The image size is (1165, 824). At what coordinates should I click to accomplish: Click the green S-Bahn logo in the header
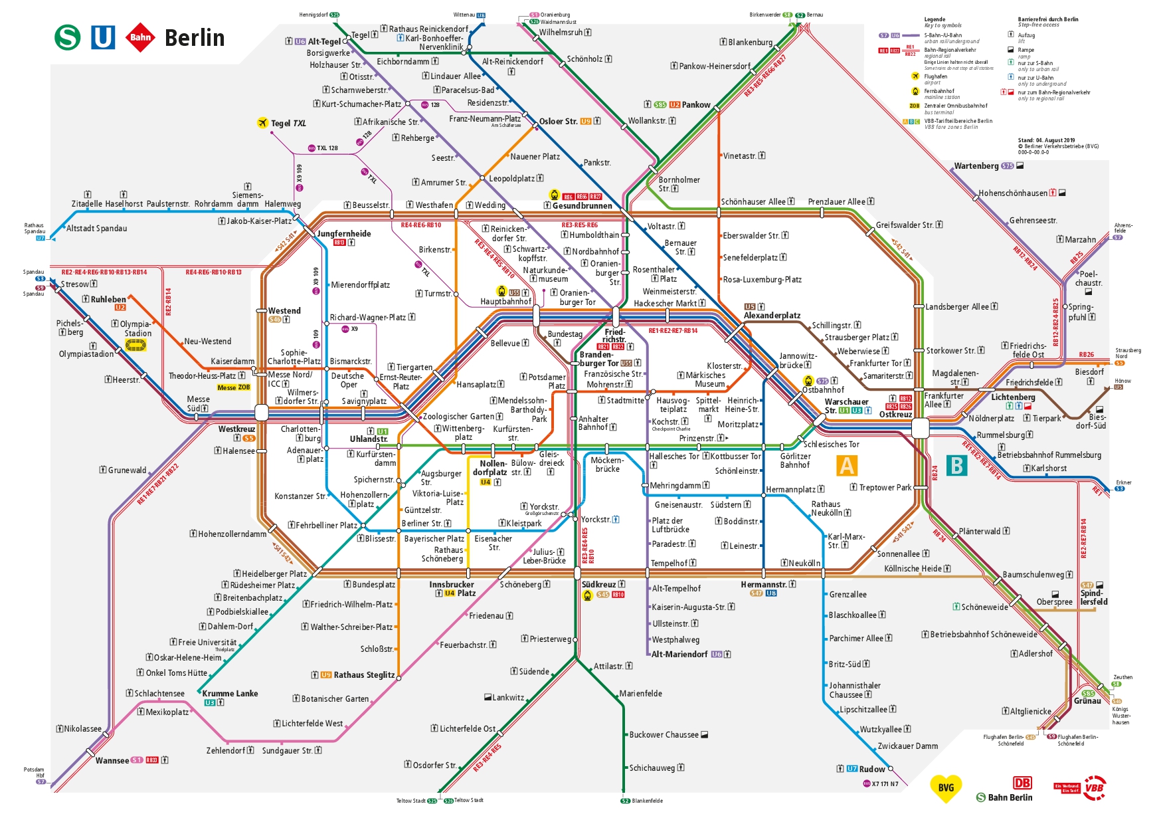pos(67,37)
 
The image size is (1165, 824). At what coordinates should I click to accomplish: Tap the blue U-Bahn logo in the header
pos(103,37)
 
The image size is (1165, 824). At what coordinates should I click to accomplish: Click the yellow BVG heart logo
pos(946,788)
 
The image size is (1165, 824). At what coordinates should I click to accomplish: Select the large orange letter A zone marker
pos(847,466)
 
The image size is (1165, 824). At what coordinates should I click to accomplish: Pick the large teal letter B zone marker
pos(956,466)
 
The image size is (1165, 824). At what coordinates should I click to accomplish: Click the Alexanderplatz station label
pos(772,316)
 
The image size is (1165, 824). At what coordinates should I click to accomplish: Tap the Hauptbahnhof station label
pos(505,302)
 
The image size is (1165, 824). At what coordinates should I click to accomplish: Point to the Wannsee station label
pos(112,760)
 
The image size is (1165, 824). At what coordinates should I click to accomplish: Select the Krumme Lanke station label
pos(230,693)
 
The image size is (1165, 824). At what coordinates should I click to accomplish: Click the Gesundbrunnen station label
pos(582,205)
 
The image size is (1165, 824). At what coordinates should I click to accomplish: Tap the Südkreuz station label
pos(599,584)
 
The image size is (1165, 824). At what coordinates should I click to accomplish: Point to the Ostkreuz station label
pos(895,415)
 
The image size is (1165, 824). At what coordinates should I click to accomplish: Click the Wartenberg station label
pos(976,166)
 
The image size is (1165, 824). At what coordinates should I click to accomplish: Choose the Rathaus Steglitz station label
pos(364,675)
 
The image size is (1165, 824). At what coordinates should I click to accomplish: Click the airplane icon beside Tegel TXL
pos(262,123)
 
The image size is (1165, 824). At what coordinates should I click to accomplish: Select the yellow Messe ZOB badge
pos(233,387)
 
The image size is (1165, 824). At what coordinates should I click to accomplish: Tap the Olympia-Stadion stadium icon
pos(135,346)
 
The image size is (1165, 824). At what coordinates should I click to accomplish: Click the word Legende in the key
pos(935,19)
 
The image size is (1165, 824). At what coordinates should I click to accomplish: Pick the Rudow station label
pos(871,769)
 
